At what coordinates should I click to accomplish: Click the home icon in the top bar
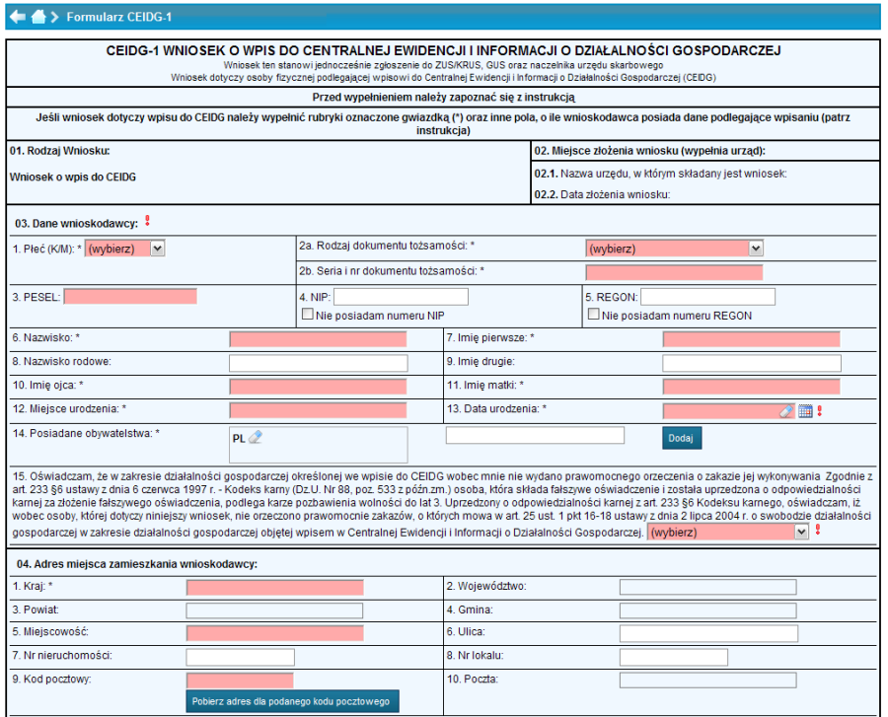pos(38,17)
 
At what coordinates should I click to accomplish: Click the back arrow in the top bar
pos(17,17)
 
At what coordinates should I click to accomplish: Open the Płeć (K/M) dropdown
pos(125,249)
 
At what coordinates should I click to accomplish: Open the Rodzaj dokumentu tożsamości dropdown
pos(675,249)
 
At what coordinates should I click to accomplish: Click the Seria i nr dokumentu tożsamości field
pos(674,272)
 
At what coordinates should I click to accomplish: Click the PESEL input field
pos(130,296)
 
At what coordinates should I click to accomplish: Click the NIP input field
pos(401,297)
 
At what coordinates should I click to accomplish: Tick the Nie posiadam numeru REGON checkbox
pos(593,316)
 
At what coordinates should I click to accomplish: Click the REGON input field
pos(708,297)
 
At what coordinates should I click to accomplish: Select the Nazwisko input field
pos(318,339)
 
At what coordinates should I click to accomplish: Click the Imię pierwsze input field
pos(751,339)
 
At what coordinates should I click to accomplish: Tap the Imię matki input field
pos(751,387)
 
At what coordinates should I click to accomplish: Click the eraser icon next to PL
pos(256,438)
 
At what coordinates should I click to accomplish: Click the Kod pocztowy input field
pos(239,681)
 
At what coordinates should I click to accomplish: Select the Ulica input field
pos(707,633)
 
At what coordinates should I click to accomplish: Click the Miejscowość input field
pos(274,633)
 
